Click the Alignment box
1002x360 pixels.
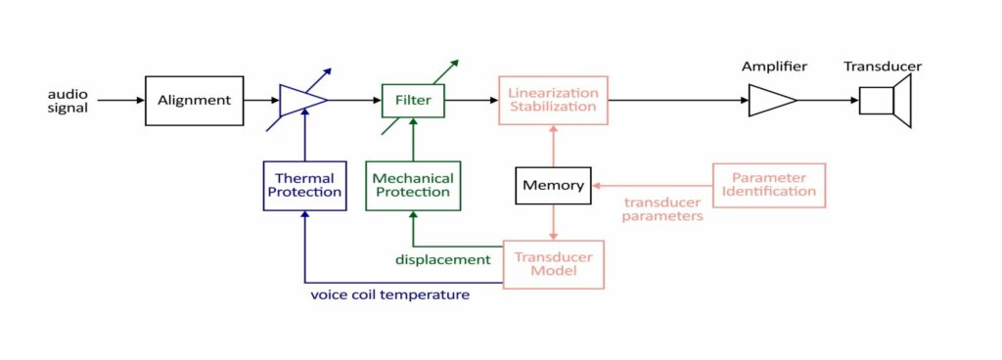(x=194, y=100)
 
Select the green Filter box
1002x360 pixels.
(x=413, y=100)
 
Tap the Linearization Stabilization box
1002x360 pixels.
(x=554, y=100)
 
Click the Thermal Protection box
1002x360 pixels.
(x=305, y=186)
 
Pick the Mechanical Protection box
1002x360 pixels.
(x=413, y=186)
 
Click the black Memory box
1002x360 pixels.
(x=553, y=185)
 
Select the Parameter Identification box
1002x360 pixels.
(x=768, y=185)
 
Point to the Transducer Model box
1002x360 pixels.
(x=554, y=264)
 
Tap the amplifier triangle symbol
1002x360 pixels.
(x=771, y=100)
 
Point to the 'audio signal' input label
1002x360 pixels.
(x=68, y=101)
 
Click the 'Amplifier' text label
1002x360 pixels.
(x=773, y=67)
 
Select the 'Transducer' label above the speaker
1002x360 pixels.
(x=883, y=67)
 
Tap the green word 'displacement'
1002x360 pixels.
(x=442, y=259)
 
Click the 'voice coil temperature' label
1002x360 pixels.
(x=389, y=293)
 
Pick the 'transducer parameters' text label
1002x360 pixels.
(x=663, y=209)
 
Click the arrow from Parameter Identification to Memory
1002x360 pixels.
(x=652, y=185)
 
